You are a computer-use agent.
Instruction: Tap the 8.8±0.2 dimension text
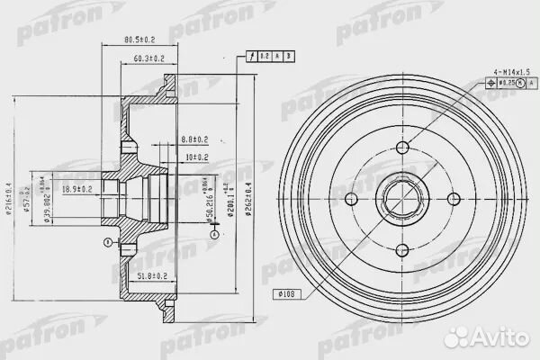tap(193, 139)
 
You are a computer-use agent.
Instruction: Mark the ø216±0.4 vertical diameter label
tap(12, 199)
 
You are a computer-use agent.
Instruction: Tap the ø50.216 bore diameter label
tap(208, 199)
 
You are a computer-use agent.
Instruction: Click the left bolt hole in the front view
tap(355, 199)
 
